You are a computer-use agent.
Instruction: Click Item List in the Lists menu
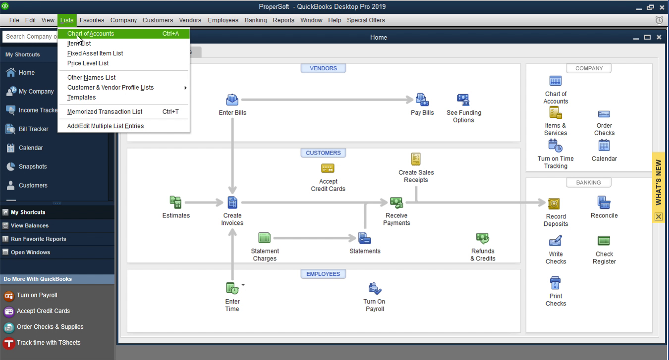(79, 44)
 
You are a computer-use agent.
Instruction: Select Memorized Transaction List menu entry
(105, 112)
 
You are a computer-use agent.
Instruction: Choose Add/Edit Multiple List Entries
(106, 126)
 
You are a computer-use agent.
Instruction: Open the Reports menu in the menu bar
(283, 20)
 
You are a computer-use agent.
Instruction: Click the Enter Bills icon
(232, 100)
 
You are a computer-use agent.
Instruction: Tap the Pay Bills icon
(422, 100)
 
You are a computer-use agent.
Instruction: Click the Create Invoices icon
(232, 203)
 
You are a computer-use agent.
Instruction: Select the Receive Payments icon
(396, 203)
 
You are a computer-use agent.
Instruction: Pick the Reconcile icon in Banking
(604, 203)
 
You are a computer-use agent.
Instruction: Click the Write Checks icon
(556, 241)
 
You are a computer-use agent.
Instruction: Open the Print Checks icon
(556, 283)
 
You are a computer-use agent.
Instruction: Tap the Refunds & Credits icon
(483, 239)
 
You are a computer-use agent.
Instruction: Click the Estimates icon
(176, 203)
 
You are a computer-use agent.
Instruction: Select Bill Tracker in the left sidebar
(33, 129)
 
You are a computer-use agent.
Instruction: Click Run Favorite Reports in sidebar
(38, 239)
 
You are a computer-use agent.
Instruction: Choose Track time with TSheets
(48, 343)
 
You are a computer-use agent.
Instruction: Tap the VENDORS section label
(323, 68)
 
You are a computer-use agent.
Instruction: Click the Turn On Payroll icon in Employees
(374, 289)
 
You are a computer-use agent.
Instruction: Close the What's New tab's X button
(658, 216)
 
